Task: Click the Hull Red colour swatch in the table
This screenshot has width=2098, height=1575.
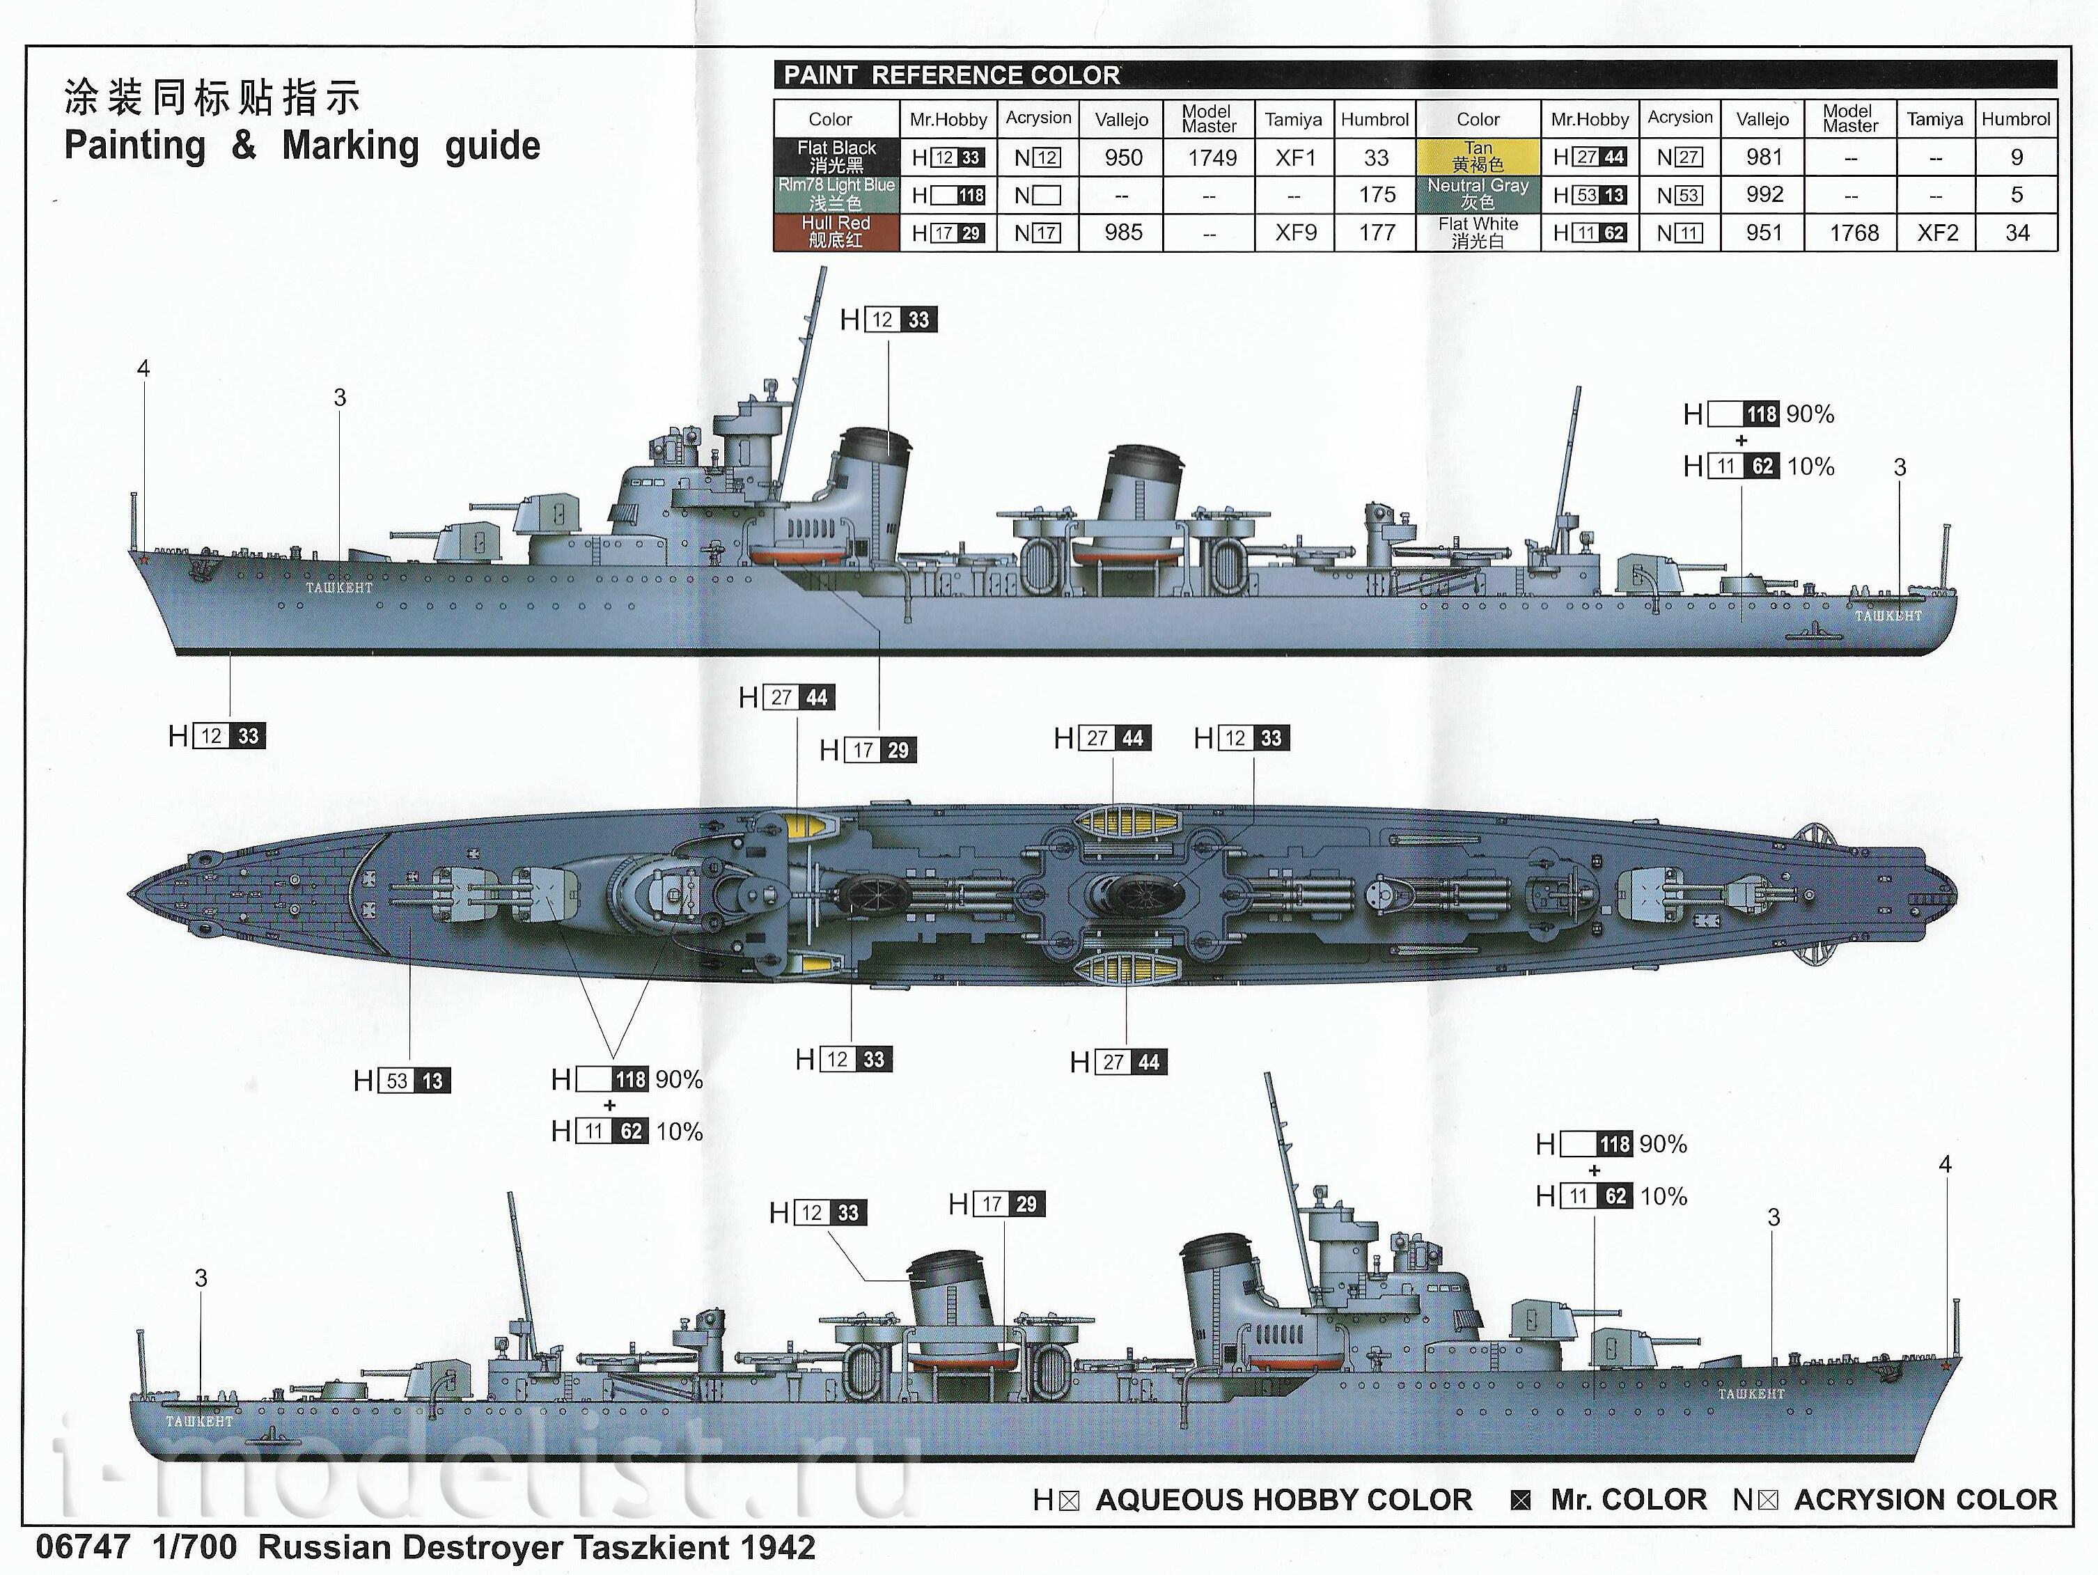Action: [836, 233]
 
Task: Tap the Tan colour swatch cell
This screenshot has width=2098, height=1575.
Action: [1478, 157]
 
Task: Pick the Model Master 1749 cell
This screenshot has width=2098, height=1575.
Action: [1211, 157]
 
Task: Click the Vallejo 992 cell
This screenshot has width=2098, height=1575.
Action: [1764, 194]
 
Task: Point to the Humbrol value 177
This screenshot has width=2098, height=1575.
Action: [1376, 233]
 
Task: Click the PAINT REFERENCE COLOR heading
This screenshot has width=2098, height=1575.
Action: [951, 75]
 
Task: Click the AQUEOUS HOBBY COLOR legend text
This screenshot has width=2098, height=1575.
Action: [1283, 1499]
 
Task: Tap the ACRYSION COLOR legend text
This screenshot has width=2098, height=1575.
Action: [1925, 1499]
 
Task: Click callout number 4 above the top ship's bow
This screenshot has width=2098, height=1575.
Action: [143, 368]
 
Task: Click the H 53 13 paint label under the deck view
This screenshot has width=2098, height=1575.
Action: [402, 1081]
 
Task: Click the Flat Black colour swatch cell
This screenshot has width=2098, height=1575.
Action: [836, 157]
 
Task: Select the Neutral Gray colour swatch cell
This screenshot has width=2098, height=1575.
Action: [1478, 194]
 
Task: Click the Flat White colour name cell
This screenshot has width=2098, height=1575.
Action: [1478, 233]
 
